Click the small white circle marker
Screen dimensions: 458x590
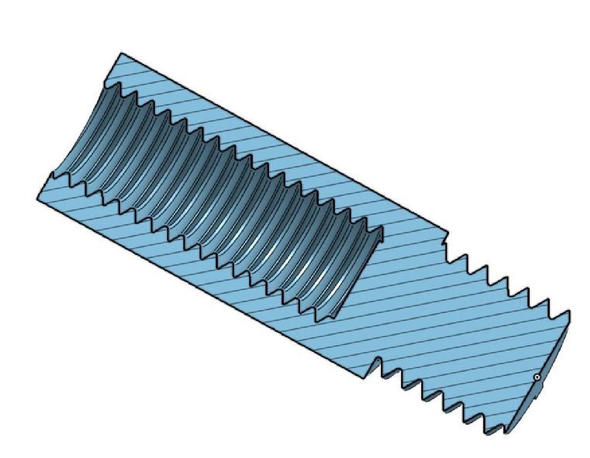click(x=537, y=377)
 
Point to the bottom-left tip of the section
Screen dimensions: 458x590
click(x=37, y=198)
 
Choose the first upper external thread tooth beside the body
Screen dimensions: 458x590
click(x=464, y=258)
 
